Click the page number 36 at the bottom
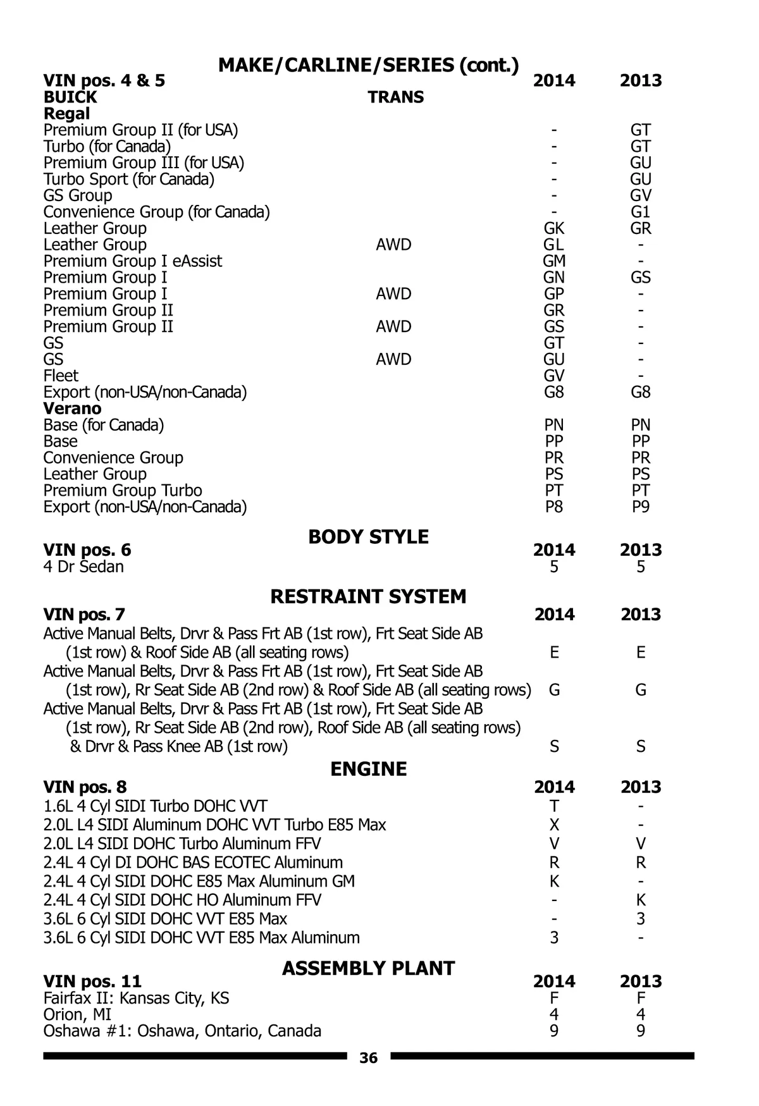[x=368, y=1058]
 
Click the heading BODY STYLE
[x=368, y=537]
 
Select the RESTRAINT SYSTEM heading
[x=368, y=596]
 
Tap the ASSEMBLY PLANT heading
[x=368, y=968]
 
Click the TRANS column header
[x=396, y=97]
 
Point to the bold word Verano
[x=72, y=409]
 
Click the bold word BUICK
[x=70, y=97]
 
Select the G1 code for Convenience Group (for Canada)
[x=641, y=212]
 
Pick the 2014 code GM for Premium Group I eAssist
[x=554, y=261]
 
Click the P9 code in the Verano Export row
[x=641, y=507]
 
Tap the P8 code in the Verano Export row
[x=554, y=507]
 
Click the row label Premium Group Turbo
[x=123, y=491]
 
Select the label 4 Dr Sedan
[x=83, y=567]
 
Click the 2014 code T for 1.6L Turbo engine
[x=554, y=806]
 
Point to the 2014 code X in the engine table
[x=554, y=825]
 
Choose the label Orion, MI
[x=77, y=1015]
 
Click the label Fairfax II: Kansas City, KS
[x=136, y=998]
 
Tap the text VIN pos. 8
[x=85, y=787]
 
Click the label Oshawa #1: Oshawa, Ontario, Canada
[x=182, y=1031]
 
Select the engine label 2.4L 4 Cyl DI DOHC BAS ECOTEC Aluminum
[x=193, y=863]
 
